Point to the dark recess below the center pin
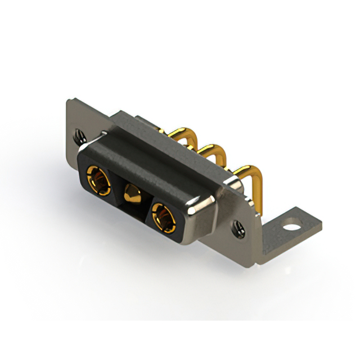[133, 211]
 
